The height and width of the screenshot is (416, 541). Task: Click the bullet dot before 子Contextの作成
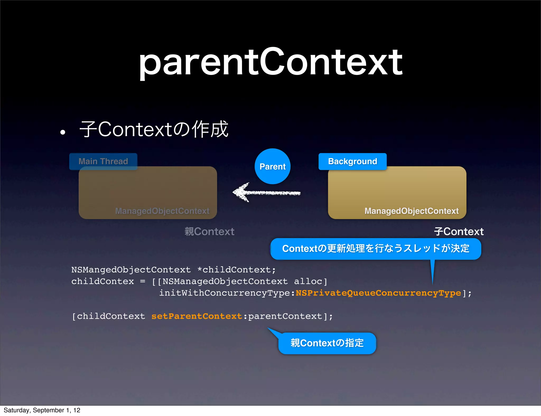(x=63, y=132)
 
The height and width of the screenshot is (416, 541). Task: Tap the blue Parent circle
(x=273, y=166)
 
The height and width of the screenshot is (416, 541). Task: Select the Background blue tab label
(x=352, y=161)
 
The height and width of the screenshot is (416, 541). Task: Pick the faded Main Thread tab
(x=103, y=161)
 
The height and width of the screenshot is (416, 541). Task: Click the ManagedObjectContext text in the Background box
(x=411, y=211)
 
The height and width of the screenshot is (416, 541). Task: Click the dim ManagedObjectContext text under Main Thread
(x=162, y=211)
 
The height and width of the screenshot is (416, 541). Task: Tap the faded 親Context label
(x=209, y=231)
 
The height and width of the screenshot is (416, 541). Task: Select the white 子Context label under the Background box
(x=459, y=231)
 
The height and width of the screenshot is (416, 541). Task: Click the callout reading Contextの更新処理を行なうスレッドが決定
(x=376, y=249)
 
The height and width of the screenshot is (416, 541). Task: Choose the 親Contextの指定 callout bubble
(x=327, y=343)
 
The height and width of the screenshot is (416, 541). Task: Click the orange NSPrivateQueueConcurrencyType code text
(x=378, y=293)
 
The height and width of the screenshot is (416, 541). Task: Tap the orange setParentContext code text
(x=197, y=316)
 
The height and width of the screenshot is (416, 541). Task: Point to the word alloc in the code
(x=308, y=281)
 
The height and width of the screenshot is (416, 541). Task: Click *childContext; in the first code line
(x=236, y=270)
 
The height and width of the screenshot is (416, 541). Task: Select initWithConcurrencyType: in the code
(x=227, y=293)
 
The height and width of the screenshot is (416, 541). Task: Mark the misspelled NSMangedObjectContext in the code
(x=131, y=270)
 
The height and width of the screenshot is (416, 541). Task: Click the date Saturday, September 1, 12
(x=42, y=410)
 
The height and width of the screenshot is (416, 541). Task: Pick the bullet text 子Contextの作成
(x=154, y=129)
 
